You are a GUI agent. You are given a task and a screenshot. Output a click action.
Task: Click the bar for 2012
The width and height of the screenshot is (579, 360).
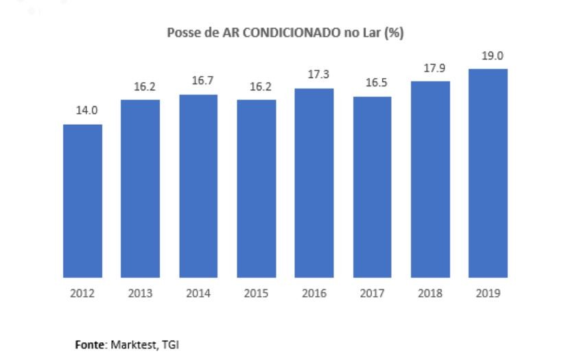click(x=82, y=201)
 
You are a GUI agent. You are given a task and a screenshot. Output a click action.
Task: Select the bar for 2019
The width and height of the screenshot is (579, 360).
click(x=488, y=173)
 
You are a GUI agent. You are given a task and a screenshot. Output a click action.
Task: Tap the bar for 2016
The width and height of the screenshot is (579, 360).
click(x=314, y=183)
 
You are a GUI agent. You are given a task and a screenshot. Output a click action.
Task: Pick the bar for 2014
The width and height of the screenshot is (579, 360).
click(x=198, y=186)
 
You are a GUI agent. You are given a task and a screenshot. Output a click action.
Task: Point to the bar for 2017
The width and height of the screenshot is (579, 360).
click(x=372, y=187)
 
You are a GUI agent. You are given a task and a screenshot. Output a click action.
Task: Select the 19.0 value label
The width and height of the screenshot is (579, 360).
click(x=488, y=56)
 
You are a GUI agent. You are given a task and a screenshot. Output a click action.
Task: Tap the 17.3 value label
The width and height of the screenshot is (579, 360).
click(x=314, y=75)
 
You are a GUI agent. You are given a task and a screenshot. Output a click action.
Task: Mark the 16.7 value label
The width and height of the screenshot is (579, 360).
click(x=198, y=81)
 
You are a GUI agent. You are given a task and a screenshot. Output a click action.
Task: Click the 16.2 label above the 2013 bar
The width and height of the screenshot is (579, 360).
click(x=141, y=87)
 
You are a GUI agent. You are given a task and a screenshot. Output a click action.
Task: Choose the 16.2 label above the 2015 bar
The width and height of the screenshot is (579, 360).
click(x=257, y=87)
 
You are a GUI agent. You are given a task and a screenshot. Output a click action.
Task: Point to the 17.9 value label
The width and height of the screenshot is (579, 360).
click(x=430, y=69)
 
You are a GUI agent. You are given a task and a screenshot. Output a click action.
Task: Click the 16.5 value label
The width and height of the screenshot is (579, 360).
click(x=372, y=84)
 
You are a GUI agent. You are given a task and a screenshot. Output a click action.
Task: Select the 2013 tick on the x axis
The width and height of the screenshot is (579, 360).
click(x=141, y=293)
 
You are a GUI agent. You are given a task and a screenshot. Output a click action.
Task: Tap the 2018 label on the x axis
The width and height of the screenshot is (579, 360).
click(x=430, y=293)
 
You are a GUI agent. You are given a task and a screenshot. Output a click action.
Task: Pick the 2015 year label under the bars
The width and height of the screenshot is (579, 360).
click(x=257, y=293)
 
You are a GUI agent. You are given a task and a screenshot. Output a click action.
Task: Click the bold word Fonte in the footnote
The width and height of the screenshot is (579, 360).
click(x=90, y=345)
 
